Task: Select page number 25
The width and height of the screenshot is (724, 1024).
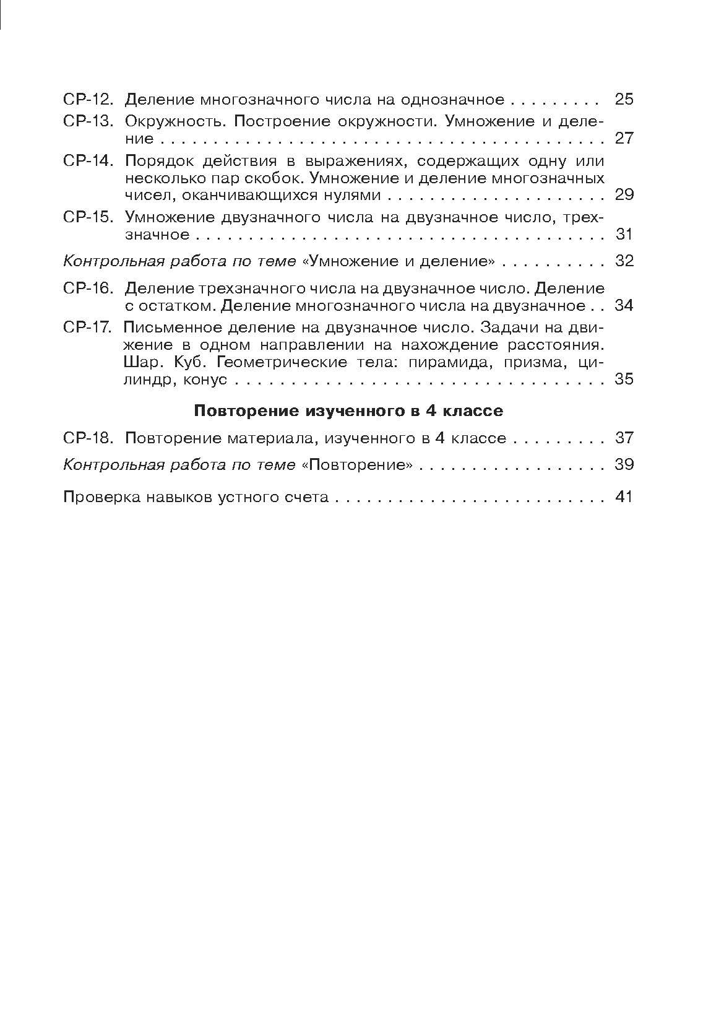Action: pyautogui.click(x=624, y=100)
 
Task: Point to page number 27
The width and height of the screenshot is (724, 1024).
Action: pyautogui.click(x=624, y=138)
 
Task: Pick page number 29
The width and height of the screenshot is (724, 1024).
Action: pyautogui.click(x=624, y=195)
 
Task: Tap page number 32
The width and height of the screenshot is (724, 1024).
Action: pyautogui.click(x=624, y=261)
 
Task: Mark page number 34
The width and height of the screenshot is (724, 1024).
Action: pyautogui.click(x=624, y=306)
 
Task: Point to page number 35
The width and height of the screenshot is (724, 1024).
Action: pyautogui.click(x=624, y=379)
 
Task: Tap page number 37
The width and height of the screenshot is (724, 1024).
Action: pyautogui.click(x=624, y=438)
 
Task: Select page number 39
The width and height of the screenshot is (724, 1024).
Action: pyautogui.click(x=624, y=465)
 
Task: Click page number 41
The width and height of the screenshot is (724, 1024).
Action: pyautogui.click(x=624, y=497)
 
